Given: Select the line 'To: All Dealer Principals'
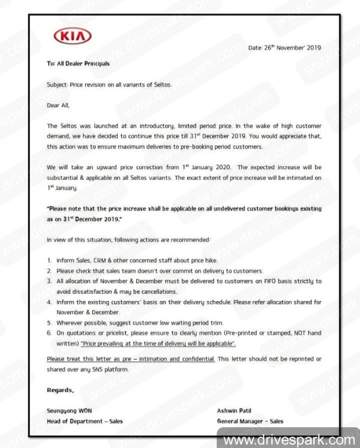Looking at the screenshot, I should [78, 62].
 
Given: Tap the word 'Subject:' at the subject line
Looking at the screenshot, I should [57, 85].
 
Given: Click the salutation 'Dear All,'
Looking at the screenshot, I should [58, 105].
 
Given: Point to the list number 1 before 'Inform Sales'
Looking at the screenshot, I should [49, 261].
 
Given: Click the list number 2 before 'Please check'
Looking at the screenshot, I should [49, 271].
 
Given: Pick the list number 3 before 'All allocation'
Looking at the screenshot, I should [49, 281].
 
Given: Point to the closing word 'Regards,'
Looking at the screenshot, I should [61, 390].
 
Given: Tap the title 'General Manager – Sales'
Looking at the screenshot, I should [251, 421].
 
